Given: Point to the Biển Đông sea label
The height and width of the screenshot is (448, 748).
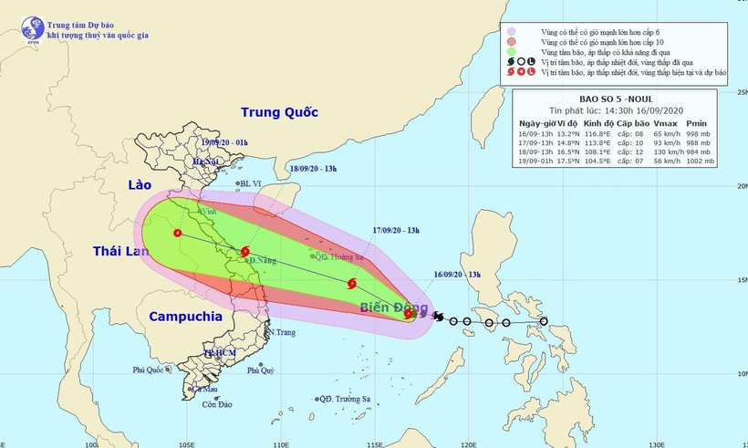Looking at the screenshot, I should (390, 307).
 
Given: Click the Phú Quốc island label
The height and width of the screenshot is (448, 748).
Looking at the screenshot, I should (151, 370).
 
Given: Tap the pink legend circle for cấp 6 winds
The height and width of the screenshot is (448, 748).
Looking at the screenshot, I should (514, 31).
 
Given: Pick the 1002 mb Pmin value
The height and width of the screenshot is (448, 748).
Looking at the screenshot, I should (698, 161).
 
